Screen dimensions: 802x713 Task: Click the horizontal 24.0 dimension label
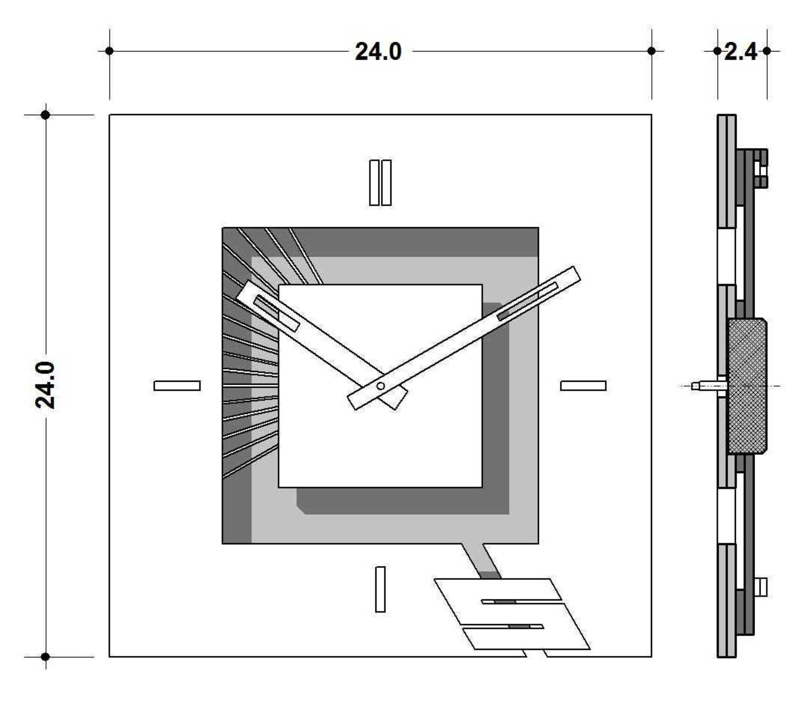[378, 52]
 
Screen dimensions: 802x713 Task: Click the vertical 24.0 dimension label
[45, 385]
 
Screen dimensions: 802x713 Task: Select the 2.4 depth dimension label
[741, 52]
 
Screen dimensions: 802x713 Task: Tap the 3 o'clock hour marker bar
[583, 386]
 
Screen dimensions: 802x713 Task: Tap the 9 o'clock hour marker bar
[177, 386]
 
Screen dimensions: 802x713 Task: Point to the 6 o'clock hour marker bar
[380, 589]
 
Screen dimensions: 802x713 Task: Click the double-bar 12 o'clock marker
[380, 183]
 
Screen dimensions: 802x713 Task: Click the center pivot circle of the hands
[381, 386]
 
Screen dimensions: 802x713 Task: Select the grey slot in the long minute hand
[528, 301]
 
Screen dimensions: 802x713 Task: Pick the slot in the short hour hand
[276, 313]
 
